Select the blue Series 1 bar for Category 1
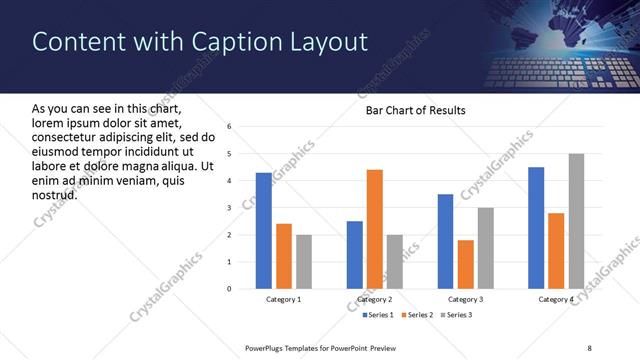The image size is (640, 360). pos(263,230)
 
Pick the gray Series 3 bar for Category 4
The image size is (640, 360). pos(576,221)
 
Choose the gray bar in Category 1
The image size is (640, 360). pos(304,262)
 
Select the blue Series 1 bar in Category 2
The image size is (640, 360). pos(354,255)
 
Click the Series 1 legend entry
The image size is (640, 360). pos(376,316)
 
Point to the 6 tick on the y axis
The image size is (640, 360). pos(229,127)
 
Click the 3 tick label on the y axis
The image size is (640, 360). pos(229,208)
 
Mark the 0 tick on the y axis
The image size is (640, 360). pos(229,289)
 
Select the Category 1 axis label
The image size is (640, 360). pos(284,299)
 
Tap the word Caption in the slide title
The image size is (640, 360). pos(229,41)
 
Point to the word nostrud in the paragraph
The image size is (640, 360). pos(55,194)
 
